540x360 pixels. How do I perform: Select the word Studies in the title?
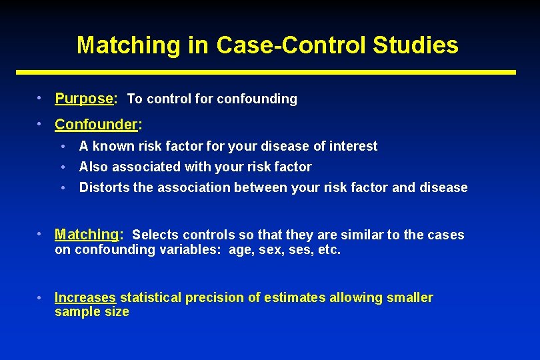(x=415, y=45)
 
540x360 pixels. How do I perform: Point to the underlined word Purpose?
(x=84, y=99)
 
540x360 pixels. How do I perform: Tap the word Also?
(x=93, y=167)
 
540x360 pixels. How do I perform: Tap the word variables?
(x=191, y=251)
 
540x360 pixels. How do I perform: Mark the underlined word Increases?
(x=85, y=297)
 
